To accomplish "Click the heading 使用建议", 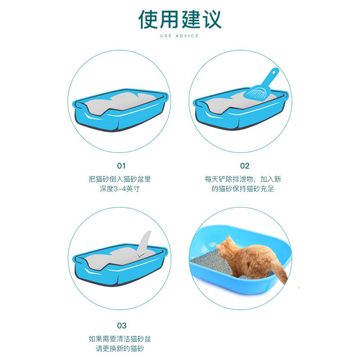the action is [180, 19].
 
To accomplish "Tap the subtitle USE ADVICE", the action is [179, 36].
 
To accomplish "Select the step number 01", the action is [121, 166].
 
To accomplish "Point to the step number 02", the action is [245, 166].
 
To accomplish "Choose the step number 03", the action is [121, 325].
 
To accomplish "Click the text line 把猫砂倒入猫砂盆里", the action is [120, 179].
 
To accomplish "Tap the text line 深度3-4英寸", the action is [120, 189].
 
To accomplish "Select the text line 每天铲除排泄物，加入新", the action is [243, 179].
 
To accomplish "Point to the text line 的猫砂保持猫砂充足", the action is [243, 189].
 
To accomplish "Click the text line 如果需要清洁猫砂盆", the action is [120, 339].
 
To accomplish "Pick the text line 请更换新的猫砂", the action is [120, 349].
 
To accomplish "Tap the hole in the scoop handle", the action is [274, 72].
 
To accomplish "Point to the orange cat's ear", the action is [229, 239].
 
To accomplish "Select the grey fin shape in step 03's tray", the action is [144, 244].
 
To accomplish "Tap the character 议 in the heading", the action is [211, 20].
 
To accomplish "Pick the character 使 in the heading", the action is [148, 20].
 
